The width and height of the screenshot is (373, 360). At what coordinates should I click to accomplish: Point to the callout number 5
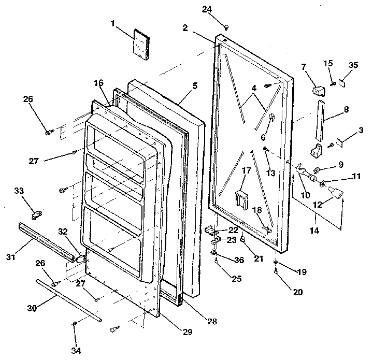194,86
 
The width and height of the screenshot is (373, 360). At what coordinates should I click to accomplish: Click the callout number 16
98,83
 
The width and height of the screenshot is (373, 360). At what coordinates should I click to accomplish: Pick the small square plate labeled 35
343,82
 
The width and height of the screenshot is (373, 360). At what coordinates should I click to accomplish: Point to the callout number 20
297,292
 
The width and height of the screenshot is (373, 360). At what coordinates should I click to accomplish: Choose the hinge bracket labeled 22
211,228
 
